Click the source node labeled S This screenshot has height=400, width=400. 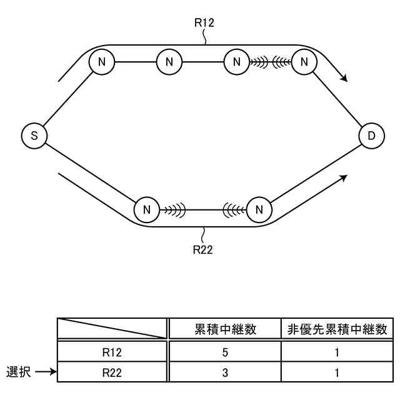point(34,136)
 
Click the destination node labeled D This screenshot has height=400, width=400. point(372,136)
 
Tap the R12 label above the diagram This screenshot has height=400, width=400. point(204,24)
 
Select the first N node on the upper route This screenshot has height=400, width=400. point(101,61)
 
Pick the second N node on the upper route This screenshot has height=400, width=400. point(169,61)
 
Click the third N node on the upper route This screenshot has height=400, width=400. point(236,61)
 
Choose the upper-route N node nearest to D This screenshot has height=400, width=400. point(304,61)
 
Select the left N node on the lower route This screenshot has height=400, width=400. point(147,209)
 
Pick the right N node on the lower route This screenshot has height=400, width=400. point(259,209)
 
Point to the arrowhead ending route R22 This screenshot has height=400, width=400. point(343,177)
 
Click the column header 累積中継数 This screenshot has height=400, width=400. point(225,329)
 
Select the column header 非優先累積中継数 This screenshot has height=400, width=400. point(337,329)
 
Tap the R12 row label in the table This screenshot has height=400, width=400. point(112,352)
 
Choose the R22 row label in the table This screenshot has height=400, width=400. point(112,373)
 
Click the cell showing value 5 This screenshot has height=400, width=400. point(225,352)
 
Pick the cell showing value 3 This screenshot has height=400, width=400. point(225,373)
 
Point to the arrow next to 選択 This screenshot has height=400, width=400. point(45,372)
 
